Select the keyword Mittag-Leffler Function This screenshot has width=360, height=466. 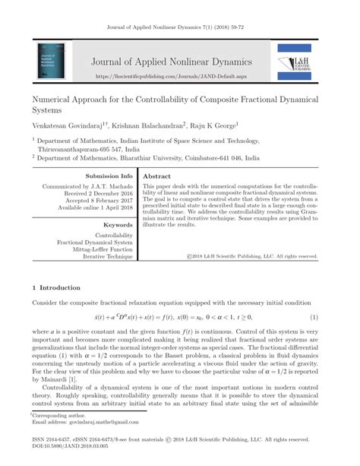tap(99, 249)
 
